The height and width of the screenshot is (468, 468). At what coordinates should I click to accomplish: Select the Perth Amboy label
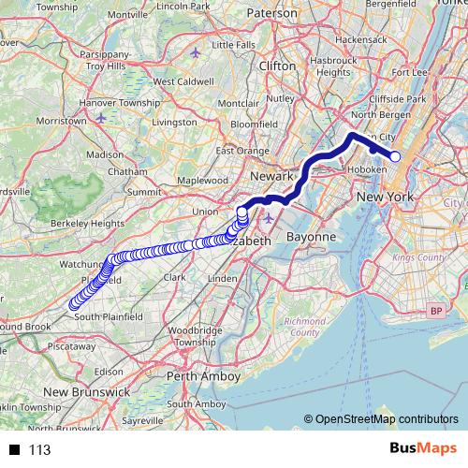[203, 375]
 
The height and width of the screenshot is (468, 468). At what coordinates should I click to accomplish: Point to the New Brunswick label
[86, 392]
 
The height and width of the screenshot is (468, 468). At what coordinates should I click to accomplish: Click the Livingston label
[174, 122]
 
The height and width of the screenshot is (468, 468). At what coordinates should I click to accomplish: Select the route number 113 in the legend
[39, 450]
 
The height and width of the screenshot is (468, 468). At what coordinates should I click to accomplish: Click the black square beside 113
[15, 450]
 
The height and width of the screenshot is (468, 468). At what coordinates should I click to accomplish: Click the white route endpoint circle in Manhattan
[395, 156]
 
